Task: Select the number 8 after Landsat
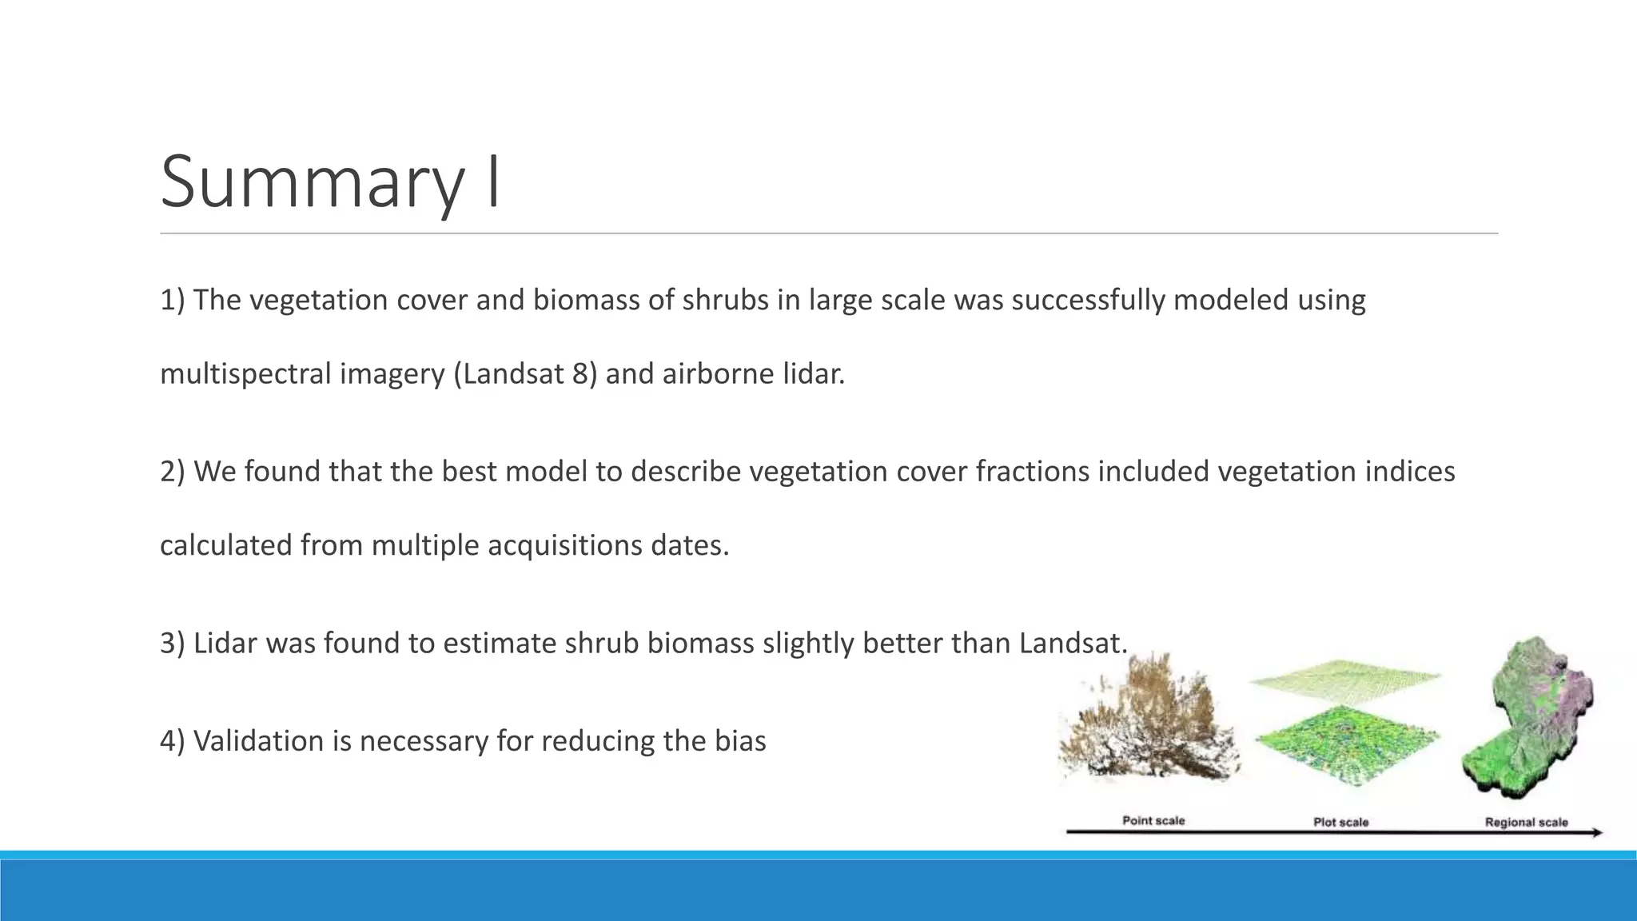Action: pyautogui.click(x=580, y=374)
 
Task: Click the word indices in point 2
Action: pyautogui.click(x=1409, y=472)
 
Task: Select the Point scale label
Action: pyautogui.click(x=1153, y=821)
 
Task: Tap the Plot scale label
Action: pyautogui.click(x=1340, y=822)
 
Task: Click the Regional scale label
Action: pyautogui.click(x=1526, y=822)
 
